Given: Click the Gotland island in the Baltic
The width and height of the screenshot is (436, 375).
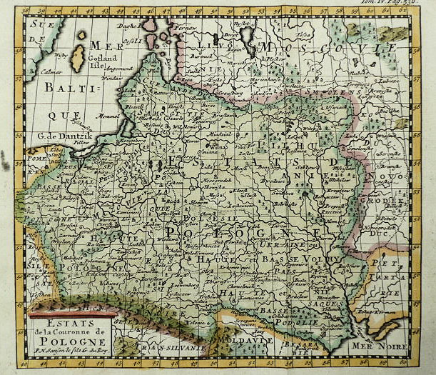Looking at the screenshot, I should click(77, 59).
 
